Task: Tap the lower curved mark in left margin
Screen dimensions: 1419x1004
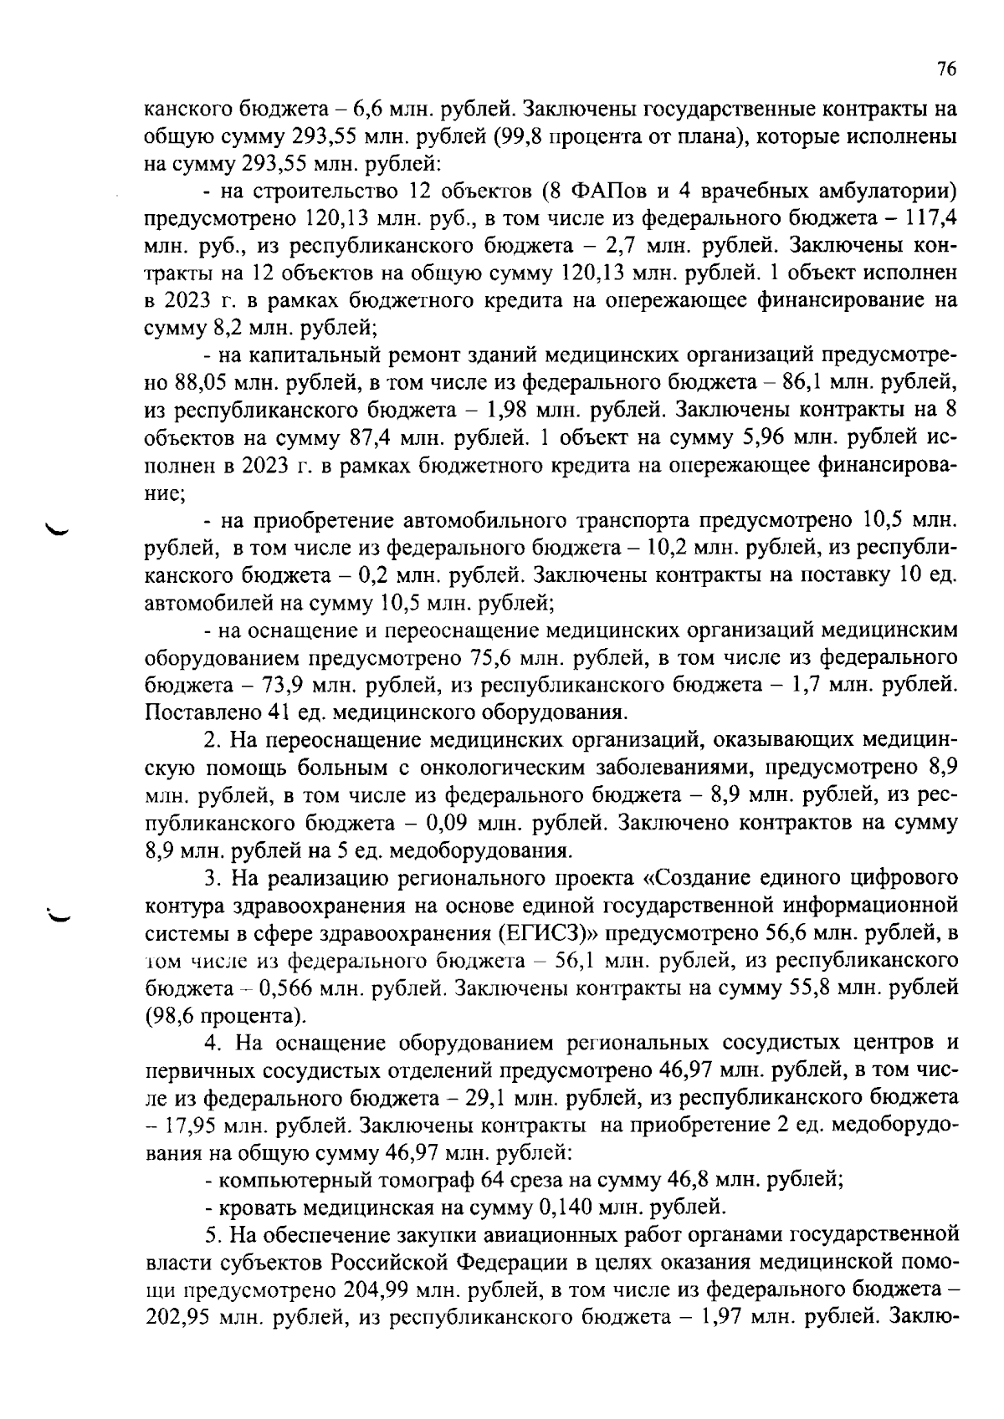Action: [60, 914]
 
